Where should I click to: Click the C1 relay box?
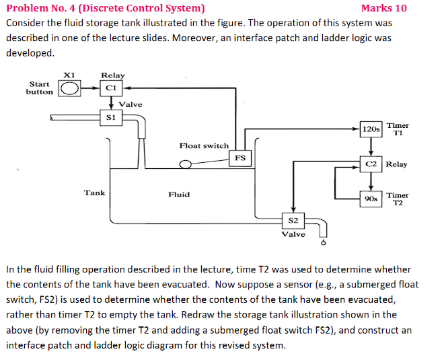[112, 87]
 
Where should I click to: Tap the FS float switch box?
[240, 158]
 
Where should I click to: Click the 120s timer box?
[371, 129]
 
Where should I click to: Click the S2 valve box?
[293, 220]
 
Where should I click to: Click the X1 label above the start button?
[69, 74]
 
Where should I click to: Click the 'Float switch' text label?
[204, 145]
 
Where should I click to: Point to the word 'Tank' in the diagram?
[94, 193]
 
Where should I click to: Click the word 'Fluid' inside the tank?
[179, 194]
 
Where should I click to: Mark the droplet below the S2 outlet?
[324, 243]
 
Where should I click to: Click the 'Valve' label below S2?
[293, 234]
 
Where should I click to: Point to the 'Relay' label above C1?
[112, 75]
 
